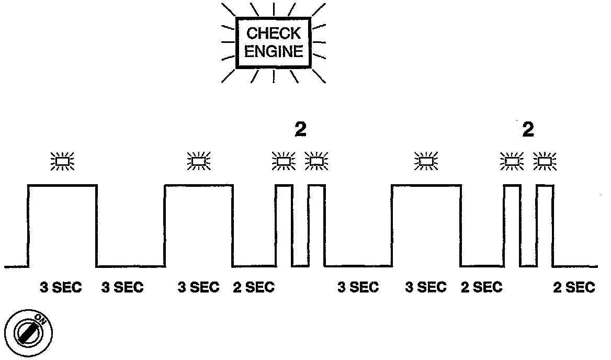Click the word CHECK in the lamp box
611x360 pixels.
coord(274,34)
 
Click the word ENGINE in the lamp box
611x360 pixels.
coord(274,52)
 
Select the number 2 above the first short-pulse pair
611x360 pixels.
coord(300,130)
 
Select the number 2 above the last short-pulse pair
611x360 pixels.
coord(528,130)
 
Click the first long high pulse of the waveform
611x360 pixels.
coord(62,225)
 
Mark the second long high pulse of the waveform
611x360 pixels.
coord(199,225)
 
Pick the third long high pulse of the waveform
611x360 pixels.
coord(426,225)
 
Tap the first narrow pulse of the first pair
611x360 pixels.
coord(284,225)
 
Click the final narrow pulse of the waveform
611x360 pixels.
coord(545,225)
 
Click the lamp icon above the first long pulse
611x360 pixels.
coord(62,161)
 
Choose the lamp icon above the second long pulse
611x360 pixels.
coord(199,161)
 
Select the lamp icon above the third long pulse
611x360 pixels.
coord(426,161)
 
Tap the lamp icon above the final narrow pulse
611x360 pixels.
coord(545,161)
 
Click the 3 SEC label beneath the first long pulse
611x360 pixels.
coord(61,288)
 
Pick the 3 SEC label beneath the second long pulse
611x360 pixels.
coord(198,288)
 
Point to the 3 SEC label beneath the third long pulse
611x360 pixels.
coord(426,288)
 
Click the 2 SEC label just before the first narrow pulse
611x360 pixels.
coord(254,288)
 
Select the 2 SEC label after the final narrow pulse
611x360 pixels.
coord(574,288)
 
